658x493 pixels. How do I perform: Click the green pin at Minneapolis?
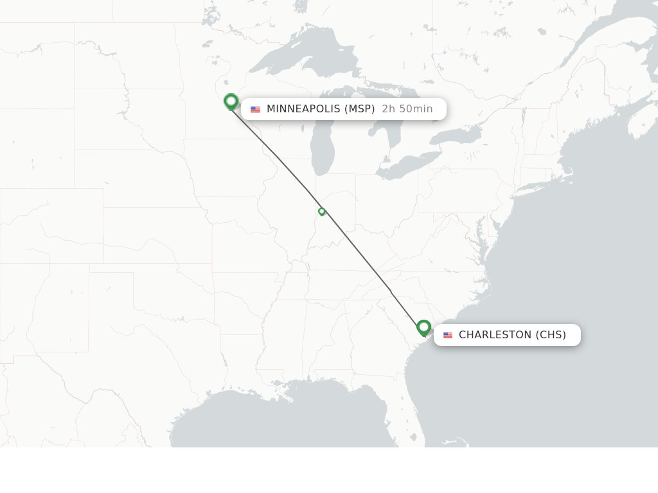click(231, 101)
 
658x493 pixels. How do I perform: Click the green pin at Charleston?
click(423, 327)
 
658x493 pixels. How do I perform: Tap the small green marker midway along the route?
click(322, 211)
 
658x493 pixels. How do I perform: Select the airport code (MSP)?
click(360, 109)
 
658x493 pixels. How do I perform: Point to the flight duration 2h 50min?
click(407, 109)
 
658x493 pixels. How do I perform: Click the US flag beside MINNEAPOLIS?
click(255, 110)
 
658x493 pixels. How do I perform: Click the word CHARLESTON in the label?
click(495, 335)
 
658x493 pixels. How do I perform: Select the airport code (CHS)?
click(551, 335)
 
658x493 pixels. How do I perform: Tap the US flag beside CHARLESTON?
click(448, 335)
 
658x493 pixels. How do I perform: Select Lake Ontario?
click(456, 135)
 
